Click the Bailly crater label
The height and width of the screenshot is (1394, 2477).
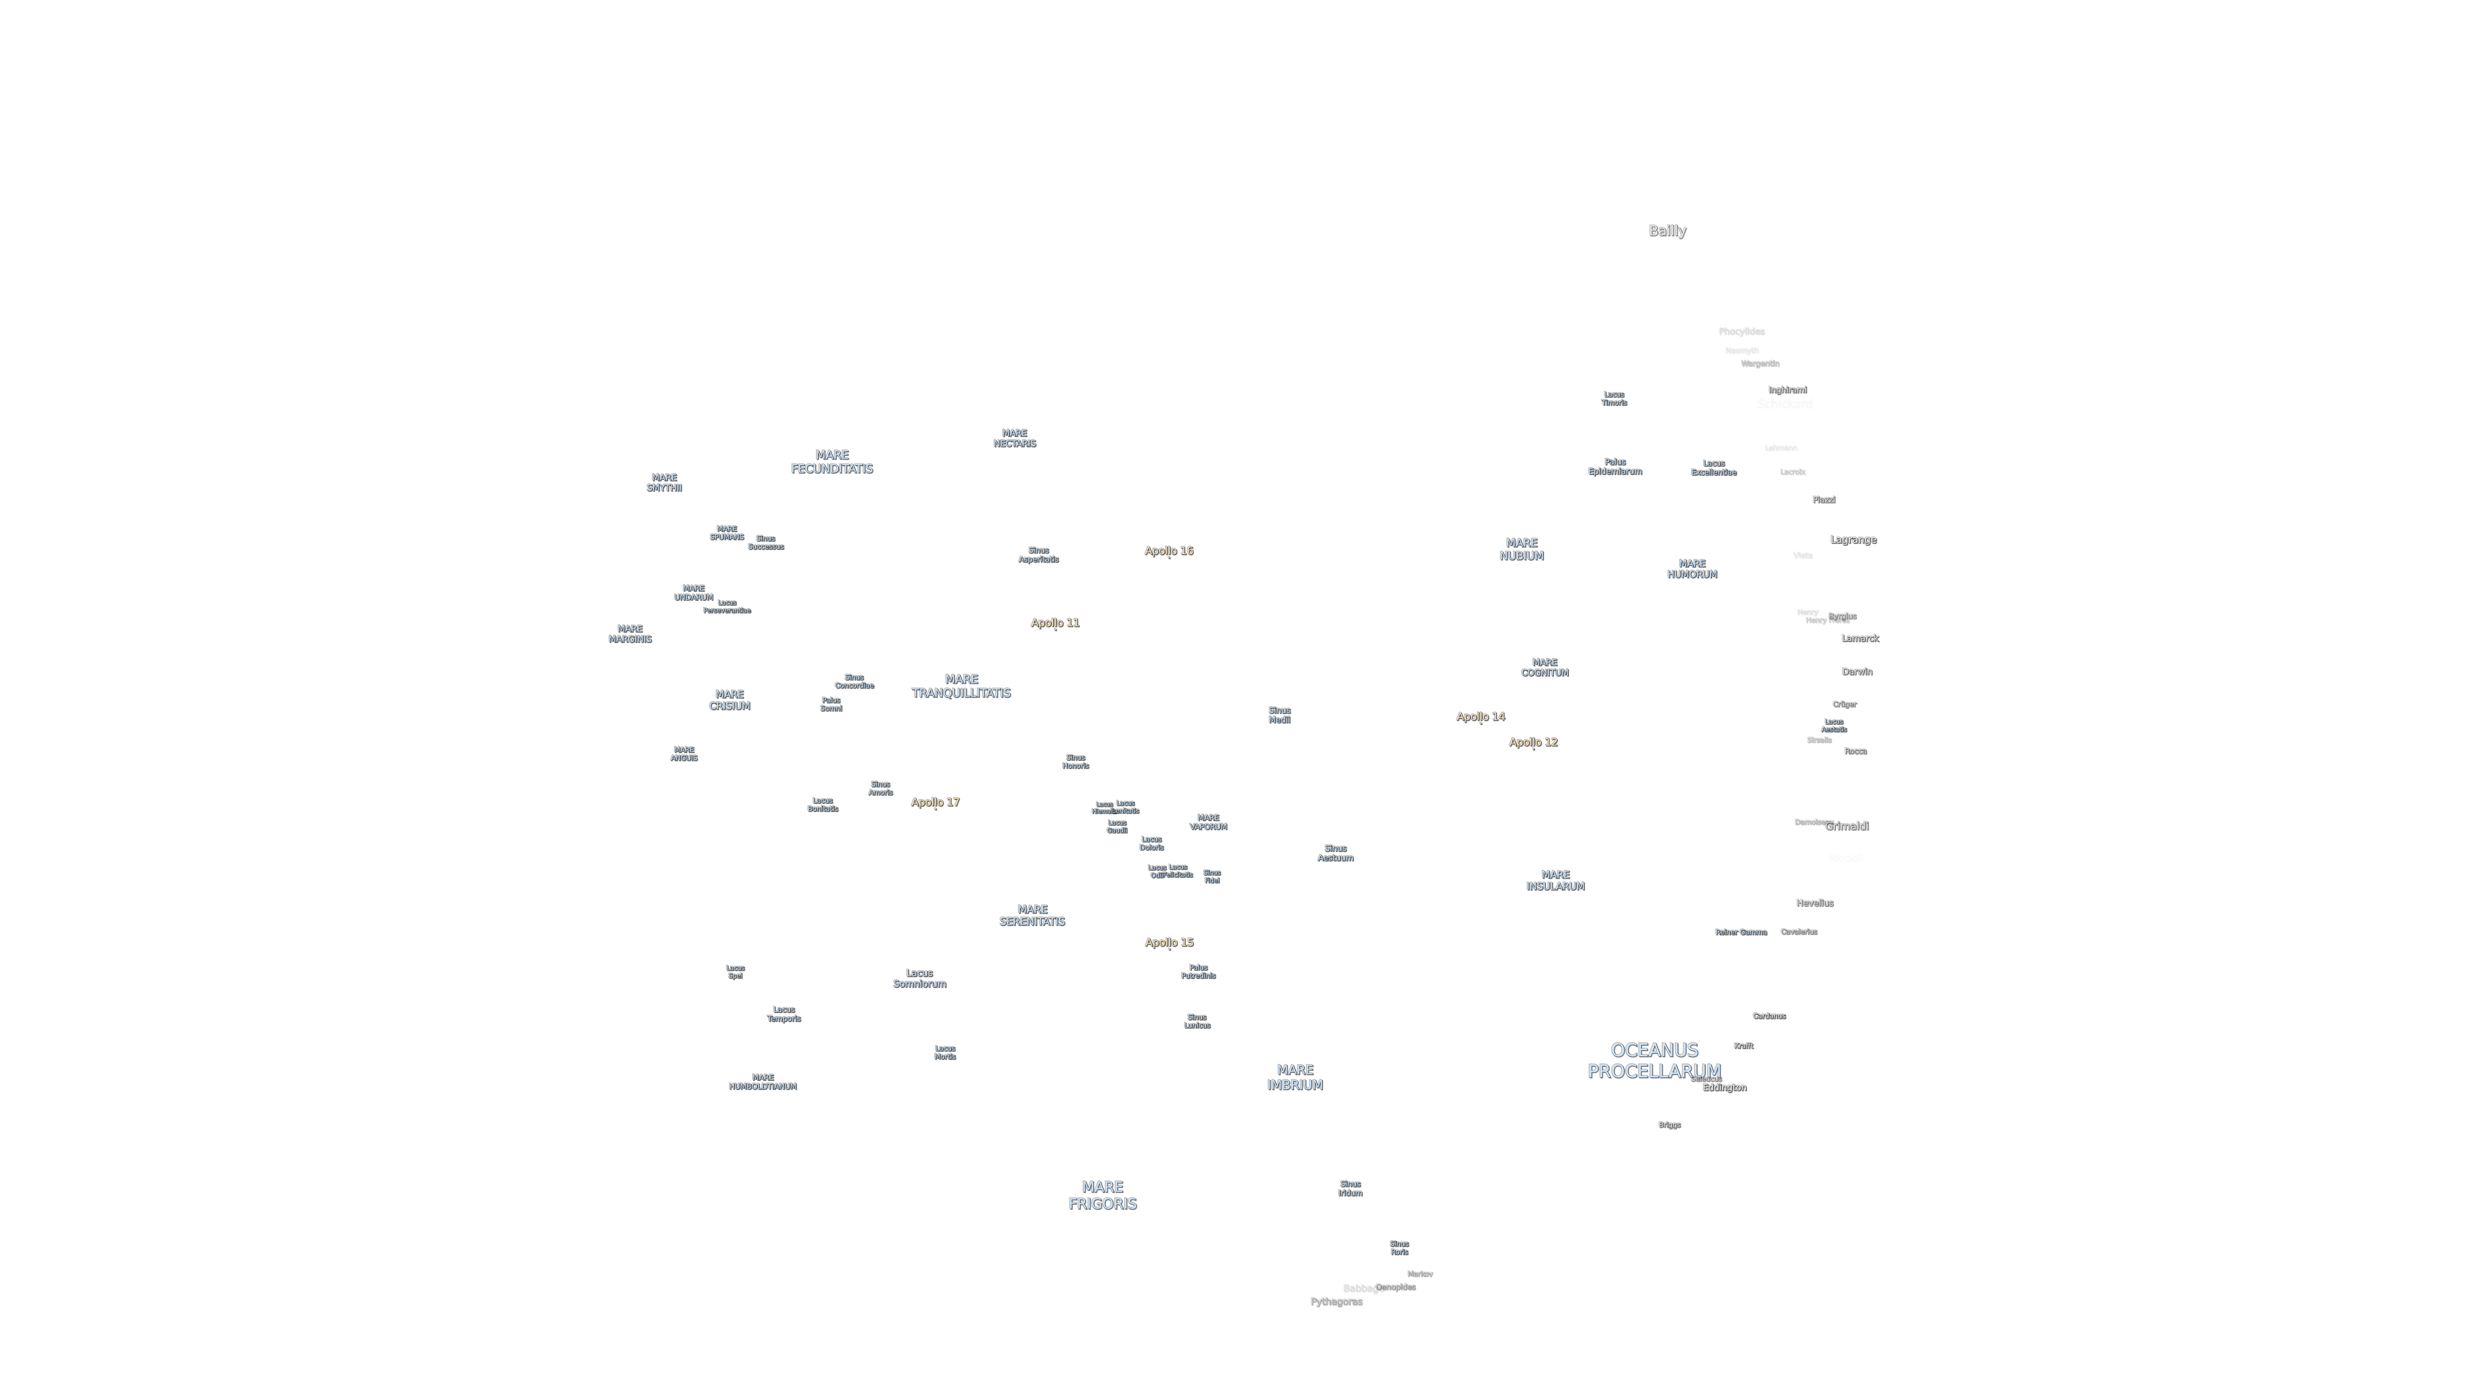point(1666,231)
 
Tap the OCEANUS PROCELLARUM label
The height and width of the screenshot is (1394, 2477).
point(1654,1060)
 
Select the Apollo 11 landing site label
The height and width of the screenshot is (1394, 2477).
point(1055,623)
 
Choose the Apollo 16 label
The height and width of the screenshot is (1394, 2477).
point(1168,550)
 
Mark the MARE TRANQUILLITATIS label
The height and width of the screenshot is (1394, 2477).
point(961,686)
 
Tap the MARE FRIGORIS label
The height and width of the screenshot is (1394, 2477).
point(1102,1195)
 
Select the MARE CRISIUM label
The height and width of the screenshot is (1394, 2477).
point(729,700)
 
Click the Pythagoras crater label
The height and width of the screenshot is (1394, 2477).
point(1336,1301)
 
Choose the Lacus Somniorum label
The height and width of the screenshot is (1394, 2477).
point(919,978)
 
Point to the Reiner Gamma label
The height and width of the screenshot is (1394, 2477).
point(1740,932)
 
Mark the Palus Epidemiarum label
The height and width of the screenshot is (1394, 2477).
point(1614,466)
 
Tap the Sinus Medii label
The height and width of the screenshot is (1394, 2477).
point(1279,715)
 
